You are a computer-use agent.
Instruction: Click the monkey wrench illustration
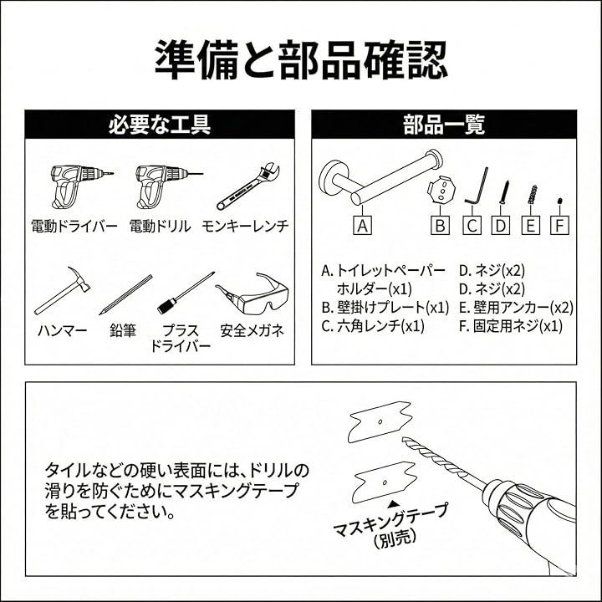(x=248, y=187)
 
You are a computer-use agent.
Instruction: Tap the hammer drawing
(x=62, y=291)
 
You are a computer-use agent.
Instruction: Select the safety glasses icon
(x=253, y=292)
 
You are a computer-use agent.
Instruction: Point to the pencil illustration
(x=125, y=294)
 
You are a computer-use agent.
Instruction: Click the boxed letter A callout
(x=362, y=226)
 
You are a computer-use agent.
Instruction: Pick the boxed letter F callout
(x=559, y=226)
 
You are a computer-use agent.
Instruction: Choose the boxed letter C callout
(x=472, y=226)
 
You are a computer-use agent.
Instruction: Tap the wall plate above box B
(x=441, y=189)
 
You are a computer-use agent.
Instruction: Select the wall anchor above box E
(x=532, y=195)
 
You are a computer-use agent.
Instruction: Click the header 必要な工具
(x=160, y=125)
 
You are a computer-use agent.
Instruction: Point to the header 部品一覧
(x=444, y=125)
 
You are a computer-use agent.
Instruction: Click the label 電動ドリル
(x=160, y=226)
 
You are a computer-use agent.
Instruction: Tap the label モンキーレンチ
(x=245, y=226)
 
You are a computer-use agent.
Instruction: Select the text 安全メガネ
(x=253, y=330)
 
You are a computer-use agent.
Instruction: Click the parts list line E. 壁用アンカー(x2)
(x=516, y=307)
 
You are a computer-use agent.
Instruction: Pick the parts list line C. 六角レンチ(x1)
(x=373, y=326)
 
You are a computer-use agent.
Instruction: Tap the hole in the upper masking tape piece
(x=380, y=422)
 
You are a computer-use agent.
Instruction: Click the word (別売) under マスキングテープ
(x=395, y=538)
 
